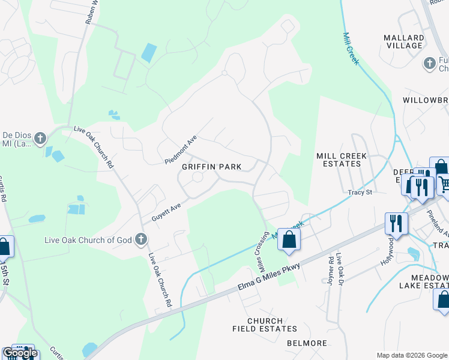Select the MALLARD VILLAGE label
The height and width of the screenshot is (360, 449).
pos(403,41)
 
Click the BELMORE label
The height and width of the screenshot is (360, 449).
pos(307,343)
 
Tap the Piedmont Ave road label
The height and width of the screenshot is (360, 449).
pos(181,151)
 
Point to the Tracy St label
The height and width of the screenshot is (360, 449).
pos(360,193)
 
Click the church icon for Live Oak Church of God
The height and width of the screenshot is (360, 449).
pos(140,240)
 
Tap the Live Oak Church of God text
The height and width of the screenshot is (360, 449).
pos(88,240)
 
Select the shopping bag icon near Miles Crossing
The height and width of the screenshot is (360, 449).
pos(289,239)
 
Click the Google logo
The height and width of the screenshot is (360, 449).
pos(19,353)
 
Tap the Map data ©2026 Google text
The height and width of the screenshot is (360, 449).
pos(411,355)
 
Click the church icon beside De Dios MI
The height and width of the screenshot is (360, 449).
pos(40,139)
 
